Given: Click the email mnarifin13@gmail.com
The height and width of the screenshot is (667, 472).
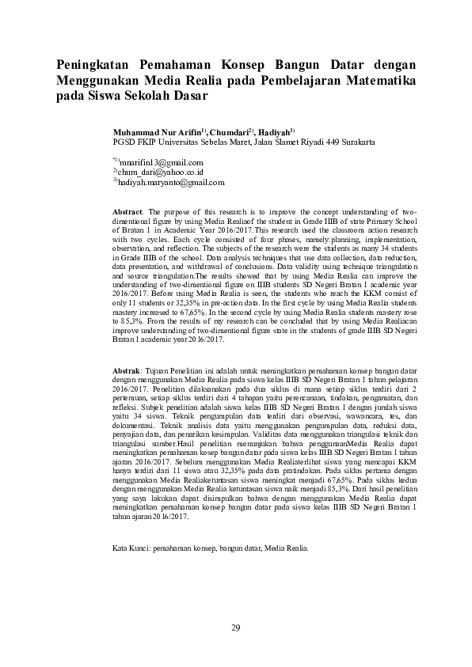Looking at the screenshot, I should (x=155, y=161).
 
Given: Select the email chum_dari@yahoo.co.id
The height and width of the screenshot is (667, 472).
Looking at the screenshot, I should (x=160, y=172).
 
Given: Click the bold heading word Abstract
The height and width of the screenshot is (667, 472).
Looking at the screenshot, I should (x=127, y=213).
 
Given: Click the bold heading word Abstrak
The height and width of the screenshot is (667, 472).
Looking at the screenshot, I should (x=127, y=370).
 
